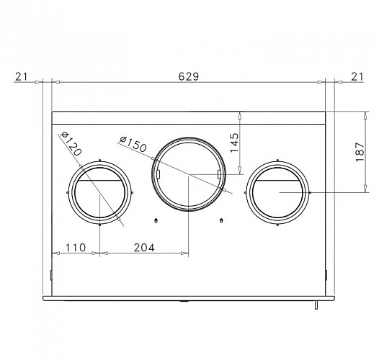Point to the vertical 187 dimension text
[359, 151]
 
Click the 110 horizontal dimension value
[75, 247]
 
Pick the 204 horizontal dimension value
[145, 247]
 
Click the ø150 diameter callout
[133, 144]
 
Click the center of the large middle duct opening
[189, 174]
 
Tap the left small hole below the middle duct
[156, 220]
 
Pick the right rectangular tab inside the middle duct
[219, 174]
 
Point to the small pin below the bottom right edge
[316, 306]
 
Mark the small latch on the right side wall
[326, 274]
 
